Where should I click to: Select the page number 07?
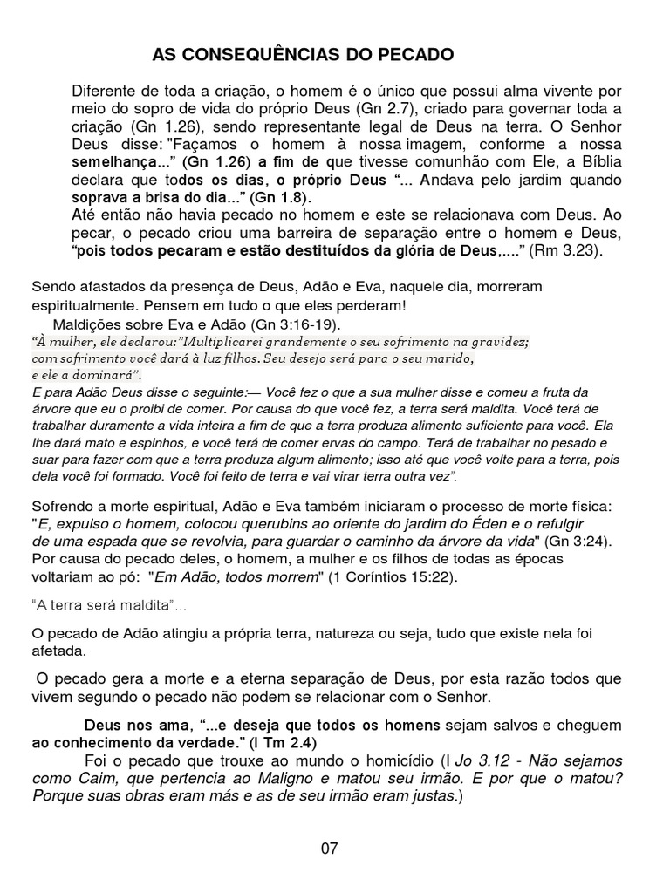click(x=330, y=848)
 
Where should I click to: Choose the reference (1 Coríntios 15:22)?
click(x=400, y=576)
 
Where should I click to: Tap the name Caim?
click(x=97, y=778)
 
